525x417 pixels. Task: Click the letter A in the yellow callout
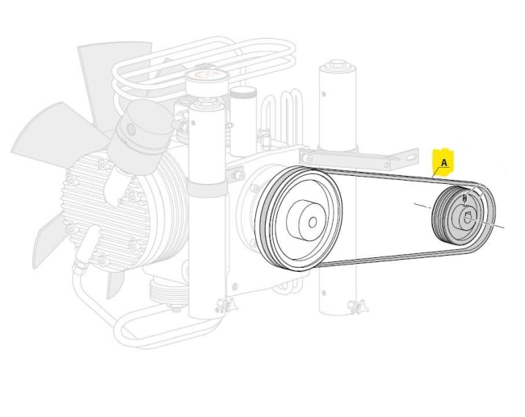[x=444, y=163]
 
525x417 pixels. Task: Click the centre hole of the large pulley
[x=313, y=223]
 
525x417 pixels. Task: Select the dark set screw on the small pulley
[x=464, y=198]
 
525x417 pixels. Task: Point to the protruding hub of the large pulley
[x=305, y=220]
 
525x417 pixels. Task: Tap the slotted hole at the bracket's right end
[x=411, y=156]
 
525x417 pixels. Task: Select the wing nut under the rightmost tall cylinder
[x=359, y=306]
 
